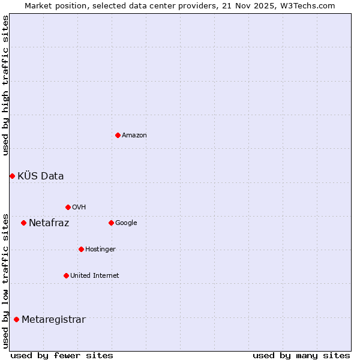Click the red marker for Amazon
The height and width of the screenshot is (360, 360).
point(118,135)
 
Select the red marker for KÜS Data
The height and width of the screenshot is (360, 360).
point(12,176)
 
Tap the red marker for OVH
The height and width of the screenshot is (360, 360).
point(68,207)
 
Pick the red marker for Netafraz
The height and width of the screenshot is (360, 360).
point(23,223)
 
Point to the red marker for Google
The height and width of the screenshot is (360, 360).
point(111,223)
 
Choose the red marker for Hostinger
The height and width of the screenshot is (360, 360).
point(81,249)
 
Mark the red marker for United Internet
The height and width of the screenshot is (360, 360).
point(66,275)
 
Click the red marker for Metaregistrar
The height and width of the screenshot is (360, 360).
point(16,319)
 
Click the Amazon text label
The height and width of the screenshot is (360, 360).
point(134,136)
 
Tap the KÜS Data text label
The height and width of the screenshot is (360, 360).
point(41,176)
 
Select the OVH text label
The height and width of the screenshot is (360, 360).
point(79,208)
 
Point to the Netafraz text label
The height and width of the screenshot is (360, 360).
point(49,223)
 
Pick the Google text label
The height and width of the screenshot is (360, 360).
point(126,223)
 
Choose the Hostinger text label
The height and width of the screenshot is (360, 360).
point(100,250)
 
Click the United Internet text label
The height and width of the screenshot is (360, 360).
point(95,276)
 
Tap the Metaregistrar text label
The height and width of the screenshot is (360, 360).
point(53,320)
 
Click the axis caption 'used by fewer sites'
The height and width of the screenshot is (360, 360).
point(62,355)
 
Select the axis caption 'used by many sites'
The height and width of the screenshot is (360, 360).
point(301,355)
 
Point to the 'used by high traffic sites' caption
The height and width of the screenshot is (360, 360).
point(5,85)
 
